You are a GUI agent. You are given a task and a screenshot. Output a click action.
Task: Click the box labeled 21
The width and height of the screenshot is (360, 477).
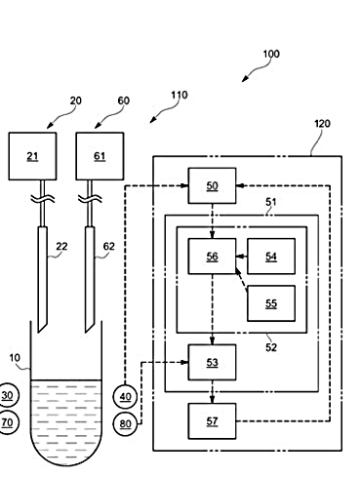32,156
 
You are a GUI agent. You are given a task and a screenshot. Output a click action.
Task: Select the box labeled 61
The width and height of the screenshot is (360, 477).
100,156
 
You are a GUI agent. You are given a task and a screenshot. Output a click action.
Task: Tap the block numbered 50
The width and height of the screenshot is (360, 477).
212,185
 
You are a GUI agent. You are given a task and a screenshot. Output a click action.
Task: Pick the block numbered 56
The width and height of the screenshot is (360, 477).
212,257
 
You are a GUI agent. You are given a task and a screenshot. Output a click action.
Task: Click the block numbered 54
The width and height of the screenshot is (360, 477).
271,257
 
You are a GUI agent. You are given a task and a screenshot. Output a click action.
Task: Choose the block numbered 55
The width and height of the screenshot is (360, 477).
271,303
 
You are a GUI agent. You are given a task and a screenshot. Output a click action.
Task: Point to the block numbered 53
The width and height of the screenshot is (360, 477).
212,362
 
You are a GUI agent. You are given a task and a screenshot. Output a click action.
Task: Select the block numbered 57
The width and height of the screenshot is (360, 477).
212,421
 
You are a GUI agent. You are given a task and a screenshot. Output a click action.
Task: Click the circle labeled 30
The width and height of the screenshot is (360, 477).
8,396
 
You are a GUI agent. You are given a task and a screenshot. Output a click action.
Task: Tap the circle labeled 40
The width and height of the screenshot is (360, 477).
125,397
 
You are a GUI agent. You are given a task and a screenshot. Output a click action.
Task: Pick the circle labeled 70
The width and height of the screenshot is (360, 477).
8,422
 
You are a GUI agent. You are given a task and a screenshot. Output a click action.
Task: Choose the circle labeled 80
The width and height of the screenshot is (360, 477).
125,423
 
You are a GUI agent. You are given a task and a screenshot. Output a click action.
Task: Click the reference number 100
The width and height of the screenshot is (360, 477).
271,54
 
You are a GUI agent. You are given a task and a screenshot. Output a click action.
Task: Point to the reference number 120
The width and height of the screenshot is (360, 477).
322,124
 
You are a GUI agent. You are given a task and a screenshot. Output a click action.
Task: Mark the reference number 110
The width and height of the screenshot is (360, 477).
180,95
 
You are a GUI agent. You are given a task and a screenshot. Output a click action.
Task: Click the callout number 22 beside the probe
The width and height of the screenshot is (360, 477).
61,247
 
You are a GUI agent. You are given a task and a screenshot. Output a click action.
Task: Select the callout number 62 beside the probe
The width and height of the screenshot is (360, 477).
109,247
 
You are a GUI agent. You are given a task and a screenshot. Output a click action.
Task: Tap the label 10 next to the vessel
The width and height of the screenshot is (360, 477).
15,358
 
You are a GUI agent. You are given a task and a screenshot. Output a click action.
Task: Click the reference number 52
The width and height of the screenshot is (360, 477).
271,347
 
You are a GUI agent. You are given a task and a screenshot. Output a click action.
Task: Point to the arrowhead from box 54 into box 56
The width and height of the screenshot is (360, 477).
240,257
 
